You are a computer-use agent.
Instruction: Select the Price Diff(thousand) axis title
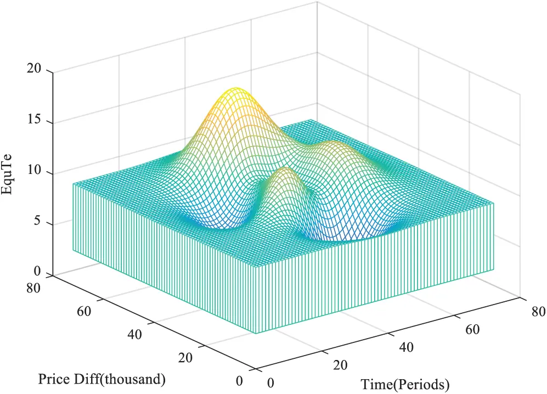tap(101, 379)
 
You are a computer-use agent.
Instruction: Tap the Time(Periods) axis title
tap(405, 384)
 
